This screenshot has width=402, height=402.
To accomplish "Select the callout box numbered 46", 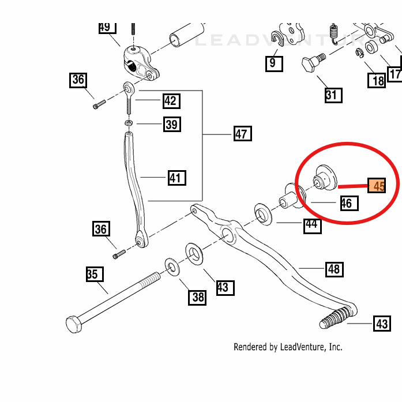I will (346, 203).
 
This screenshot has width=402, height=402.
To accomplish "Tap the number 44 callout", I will (312, 224).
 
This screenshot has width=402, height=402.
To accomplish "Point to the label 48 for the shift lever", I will (333, 269).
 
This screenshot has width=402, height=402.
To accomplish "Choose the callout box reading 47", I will (242, 134).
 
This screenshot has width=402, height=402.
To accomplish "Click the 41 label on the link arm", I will (176, 178).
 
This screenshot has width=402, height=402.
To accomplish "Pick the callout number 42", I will (170, 102).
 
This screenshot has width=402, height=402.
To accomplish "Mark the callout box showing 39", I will (171, 124).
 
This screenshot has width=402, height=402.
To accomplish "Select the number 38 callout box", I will (198, 297).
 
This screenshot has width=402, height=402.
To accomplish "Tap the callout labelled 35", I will (92, 275).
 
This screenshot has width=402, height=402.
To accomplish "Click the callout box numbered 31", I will (331, 95).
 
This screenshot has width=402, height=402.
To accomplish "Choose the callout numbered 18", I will (378, 80).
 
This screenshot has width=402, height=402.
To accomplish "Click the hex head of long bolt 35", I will (74, 324).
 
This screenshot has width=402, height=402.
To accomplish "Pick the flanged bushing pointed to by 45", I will (324, 177).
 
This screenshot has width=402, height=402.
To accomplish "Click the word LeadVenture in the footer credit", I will (303, 347).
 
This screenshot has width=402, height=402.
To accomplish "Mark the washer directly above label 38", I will (171, 265).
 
